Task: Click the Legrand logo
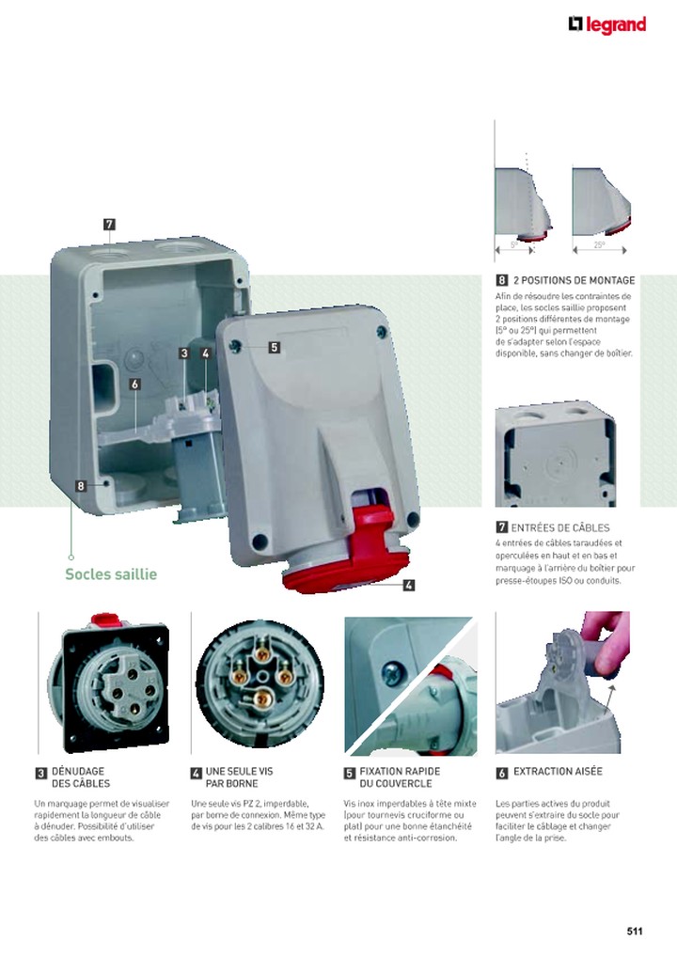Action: coord(607,24)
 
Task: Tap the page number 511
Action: coord(634,932)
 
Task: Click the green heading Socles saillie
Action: coord(111,574)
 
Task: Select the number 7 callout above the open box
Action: coord(110,224)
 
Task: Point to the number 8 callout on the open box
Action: coord(82,486)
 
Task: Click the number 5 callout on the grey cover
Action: coord(274,347)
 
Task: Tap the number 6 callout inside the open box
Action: coord(135,384)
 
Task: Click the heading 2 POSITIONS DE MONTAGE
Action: coord(574,280)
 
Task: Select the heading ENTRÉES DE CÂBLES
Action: coord(561,527)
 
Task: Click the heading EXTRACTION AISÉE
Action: coord(558,772)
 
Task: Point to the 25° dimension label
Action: coord(599,245)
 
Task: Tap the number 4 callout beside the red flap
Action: coord(409,585)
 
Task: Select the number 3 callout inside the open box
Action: coord(185,353)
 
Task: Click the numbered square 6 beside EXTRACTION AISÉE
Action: coord(502,773)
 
